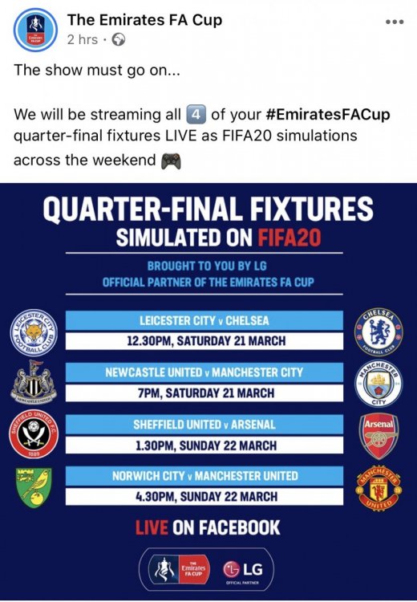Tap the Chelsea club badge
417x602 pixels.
click(x=379, y=332)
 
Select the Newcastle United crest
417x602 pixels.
click(x=34, y=381)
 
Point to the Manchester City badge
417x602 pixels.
click(x=379, y=384)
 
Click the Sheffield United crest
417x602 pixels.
click(x=34, y=434)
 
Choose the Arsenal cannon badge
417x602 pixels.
click(x=379, y=436)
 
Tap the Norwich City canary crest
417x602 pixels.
click(x=34, y=487)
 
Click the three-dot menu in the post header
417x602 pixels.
click(x=395, y=22)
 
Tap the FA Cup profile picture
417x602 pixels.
click(x=35, y=30)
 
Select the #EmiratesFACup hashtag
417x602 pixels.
click(x=328, y=115)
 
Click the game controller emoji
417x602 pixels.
click(x=171, y=161)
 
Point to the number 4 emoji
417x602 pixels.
click(x=196, y=115)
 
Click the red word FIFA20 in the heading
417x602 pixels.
click(x=289, y=238)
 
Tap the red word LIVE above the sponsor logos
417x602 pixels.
click(x=152, y=527)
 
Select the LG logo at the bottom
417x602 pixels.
click(x=243, y=569)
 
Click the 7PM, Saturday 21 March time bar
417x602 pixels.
click(x=204, y=393)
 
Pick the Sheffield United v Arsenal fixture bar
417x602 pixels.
click(x=204, y=425)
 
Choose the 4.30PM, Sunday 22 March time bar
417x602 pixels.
click(x=204, y=496)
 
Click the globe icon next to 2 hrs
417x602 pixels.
click(x=118, y=39)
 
